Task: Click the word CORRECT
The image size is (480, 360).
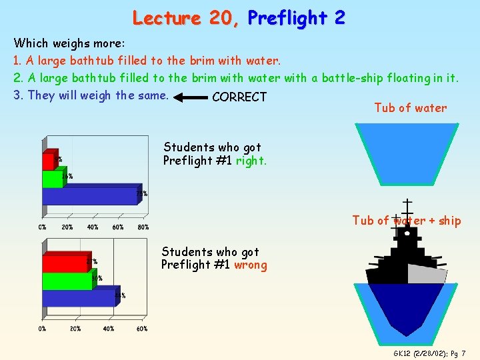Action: (239, 97)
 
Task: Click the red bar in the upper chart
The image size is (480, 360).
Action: (49, 161)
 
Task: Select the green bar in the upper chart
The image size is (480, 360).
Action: (52, 179)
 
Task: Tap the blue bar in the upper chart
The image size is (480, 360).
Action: (90, 196)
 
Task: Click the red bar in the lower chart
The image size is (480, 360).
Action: (65, 263)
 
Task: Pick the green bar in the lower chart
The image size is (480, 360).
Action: (67, 281)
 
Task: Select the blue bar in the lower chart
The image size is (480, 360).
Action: (79, 298)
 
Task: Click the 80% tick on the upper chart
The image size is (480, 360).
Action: (142, 227)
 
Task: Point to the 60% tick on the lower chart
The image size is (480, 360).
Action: (142, 329)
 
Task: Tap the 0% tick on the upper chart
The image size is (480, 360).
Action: (43, 227)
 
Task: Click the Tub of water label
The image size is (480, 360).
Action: (410, 108)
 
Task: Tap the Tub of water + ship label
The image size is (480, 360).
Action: (407, 221)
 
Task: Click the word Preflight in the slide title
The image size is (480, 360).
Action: (296, 18)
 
